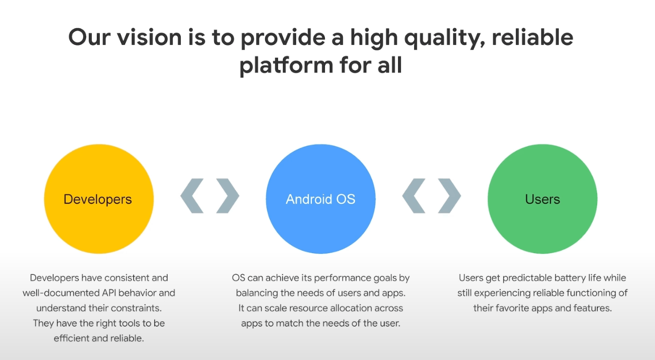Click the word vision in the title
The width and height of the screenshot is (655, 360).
[149, 37]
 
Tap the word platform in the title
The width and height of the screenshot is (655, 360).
[286, 66]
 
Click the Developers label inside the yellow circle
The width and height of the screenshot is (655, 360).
[98, 199]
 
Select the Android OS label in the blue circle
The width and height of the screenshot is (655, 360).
[320, 199]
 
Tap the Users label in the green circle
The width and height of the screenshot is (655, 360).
[542, 199]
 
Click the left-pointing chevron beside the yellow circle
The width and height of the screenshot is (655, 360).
[192, 196]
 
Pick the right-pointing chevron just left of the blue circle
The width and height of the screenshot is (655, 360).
[228, 196]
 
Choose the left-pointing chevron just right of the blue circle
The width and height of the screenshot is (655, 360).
[414, 196]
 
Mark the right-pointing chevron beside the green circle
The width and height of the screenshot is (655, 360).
[450, 196]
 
